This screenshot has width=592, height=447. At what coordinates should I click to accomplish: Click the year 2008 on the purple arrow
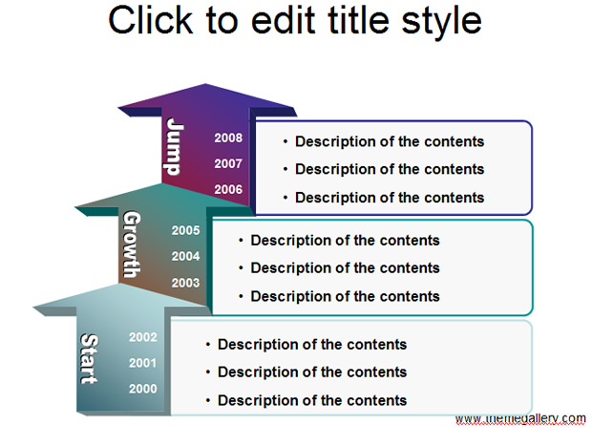tap(228, 138)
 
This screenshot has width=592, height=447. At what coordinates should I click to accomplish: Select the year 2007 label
tap(228, 163)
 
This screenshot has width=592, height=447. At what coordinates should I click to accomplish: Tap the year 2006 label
tap(228, 189)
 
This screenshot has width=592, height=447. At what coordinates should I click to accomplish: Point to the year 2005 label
tap(185, 230)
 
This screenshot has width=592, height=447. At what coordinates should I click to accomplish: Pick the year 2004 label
tap(185, 256)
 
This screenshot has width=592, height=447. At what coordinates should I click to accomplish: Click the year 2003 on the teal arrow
tap(185, 283)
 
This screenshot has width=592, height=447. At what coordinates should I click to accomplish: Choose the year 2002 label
tap(142, 337)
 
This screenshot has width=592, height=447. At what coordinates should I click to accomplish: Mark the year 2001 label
tap(142, 363)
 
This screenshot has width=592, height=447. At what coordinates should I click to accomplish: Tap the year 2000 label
tap(142, 389)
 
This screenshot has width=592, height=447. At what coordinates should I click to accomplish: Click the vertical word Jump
tap(174, 146)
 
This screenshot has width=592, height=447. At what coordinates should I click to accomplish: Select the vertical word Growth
tap(132, 245)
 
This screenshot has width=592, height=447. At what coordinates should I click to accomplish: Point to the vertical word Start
tap(89, 359)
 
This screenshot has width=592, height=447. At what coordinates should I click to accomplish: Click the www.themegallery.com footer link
tap(520, 418)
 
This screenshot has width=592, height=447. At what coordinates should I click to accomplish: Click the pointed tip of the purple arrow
tap(205, 84)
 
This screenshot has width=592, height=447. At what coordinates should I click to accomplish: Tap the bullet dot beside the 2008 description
tap(285, 142)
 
